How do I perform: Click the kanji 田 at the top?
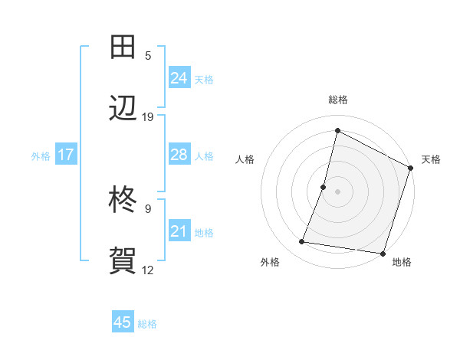pyautogui.click(x=123, y=47)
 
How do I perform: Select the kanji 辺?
pyautogui.click(x=123, y=108)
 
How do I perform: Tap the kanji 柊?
pyautogui.click(x=123, y=200)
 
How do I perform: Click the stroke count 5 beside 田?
pyautogui.click(x=148, y=55)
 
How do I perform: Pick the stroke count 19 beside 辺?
pyautogui.click(x=148, y=116)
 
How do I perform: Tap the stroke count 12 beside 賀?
pyautogui.click(x=148, y=270)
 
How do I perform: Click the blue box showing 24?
pyautogui.click(x=179, y=78)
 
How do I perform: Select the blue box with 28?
pyautogui.click(x=179, y=155)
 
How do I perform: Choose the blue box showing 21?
pyautogui.click(x=179, y=231)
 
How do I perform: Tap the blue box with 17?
pyautogui.click(x=65, y=155)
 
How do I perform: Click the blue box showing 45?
pyautogui.click(x=123, y=322)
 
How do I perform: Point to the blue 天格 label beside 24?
pyautogui.click(x=204, y=79)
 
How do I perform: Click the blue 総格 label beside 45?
pyautogui.click(x=147, y=323)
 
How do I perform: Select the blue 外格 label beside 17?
pyautogui.click(x=40, y=155)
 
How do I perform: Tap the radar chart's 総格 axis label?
pyautogui.click(x=337, y=100)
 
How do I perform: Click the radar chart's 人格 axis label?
pyautogui.click(x=245, y=159)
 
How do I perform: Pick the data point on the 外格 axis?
pyautogui.click(x=302, y=242)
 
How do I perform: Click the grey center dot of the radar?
pyautogui.click(x=337, y=191)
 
